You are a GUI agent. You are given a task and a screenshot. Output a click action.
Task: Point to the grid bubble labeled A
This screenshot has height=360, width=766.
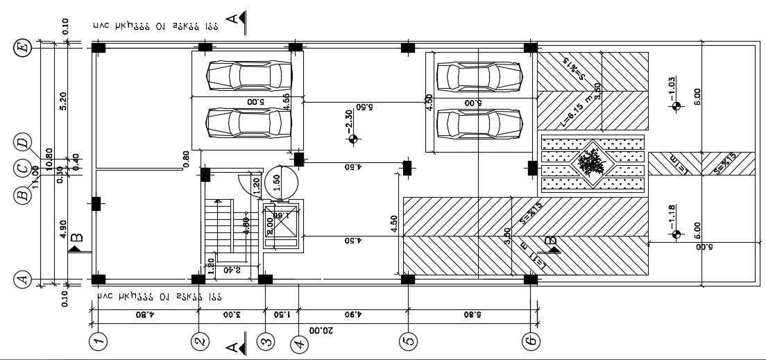[x=23, y=280]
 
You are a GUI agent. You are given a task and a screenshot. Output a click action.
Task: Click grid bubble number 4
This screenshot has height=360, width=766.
[x=298, y=343]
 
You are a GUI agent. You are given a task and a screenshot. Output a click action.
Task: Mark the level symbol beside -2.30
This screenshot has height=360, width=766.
[x=354, y=139]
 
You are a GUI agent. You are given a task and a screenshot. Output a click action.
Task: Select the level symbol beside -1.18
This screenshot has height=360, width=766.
[x=677, y=234]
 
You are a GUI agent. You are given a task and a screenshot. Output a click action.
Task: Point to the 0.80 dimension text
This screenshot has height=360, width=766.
[x=186, y=160]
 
